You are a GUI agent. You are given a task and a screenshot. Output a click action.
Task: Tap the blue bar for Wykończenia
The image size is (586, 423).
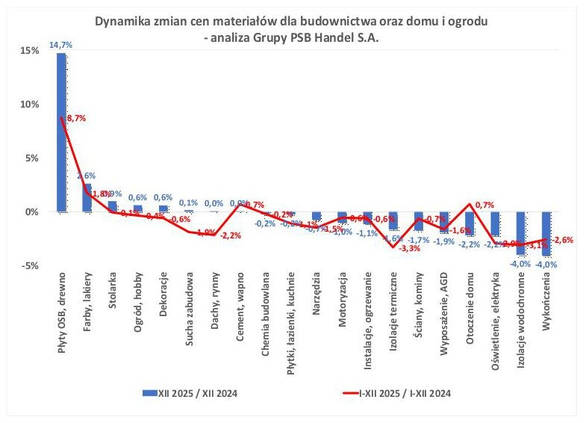(546, 234)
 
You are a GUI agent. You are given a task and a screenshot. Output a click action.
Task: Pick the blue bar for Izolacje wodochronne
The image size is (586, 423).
(520, 234)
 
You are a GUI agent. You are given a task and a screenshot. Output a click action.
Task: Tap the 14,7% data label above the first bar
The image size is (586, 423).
(61, 45)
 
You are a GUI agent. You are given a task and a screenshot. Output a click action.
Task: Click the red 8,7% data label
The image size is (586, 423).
(76, 119)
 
